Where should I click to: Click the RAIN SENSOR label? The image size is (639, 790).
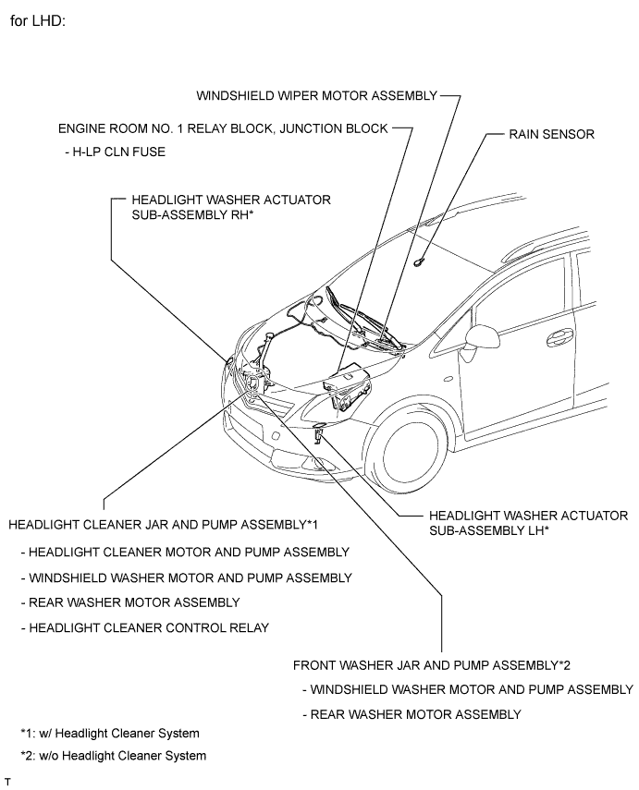551,135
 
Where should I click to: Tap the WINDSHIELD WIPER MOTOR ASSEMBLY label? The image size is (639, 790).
317,96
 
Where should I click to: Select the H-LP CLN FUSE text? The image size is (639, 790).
115,152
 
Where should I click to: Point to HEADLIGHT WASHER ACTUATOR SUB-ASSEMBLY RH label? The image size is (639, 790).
231,208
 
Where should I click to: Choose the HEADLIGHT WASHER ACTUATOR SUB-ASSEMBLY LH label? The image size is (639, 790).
529,523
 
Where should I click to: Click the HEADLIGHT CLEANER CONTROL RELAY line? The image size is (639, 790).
145,628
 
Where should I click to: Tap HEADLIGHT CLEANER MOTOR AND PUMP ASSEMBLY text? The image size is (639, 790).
185,553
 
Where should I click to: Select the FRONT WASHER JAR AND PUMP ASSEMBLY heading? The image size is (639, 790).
432,665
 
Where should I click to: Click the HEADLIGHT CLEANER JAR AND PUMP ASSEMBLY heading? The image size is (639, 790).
164,525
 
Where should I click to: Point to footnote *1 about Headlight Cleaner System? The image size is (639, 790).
110,734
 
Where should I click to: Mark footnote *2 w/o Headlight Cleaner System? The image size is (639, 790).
114,756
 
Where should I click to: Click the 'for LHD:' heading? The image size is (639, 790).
38,21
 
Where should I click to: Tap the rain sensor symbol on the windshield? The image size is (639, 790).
419,261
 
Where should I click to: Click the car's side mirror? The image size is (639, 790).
482,337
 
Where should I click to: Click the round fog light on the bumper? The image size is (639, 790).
276,435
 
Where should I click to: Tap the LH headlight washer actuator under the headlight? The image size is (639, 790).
319,433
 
